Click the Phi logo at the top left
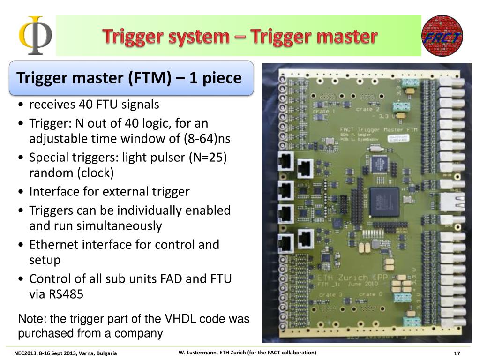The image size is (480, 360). pos(35,36)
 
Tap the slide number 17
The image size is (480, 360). pos(457,353)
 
